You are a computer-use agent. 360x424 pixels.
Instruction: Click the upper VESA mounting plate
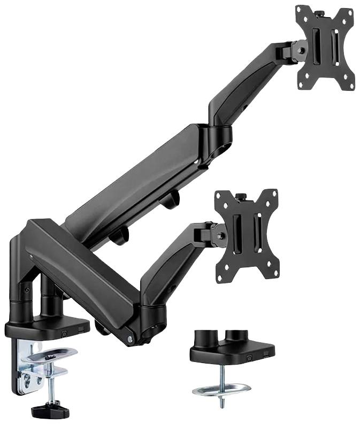tap(325, 48)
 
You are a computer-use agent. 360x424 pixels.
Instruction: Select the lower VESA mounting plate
tap(246, 236)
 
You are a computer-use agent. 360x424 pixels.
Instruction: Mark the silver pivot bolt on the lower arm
tap(130, 338)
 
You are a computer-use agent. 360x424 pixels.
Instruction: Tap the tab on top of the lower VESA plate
tap(242, 196)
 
